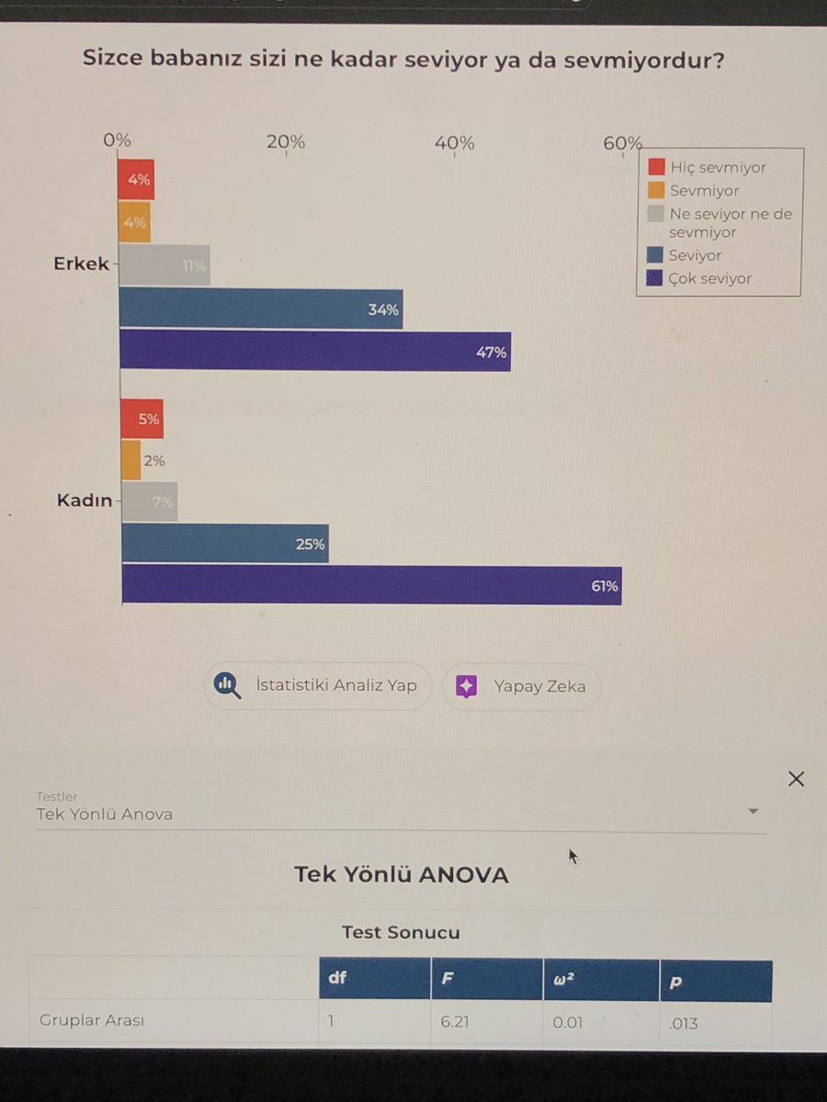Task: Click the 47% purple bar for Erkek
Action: click(315, 352)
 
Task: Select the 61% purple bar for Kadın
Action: click(371, 585)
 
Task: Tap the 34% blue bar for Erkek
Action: click(261, 309)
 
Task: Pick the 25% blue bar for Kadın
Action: click(224, 544)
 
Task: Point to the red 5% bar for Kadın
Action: click(142, 420)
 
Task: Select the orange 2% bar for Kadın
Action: click(131, 461)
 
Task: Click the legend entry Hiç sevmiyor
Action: click(717, 167)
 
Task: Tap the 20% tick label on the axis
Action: click(286, 141)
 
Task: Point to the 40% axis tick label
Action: click(454, 142)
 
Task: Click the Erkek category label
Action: click(81, 264)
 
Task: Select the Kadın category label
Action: click(85, 500)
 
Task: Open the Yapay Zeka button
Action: click(521, 686)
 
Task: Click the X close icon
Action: click(796, 780)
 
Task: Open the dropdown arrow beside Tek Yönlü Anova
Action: click(753, 812)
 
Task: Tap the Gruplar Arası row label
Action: click(92, 1020)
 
